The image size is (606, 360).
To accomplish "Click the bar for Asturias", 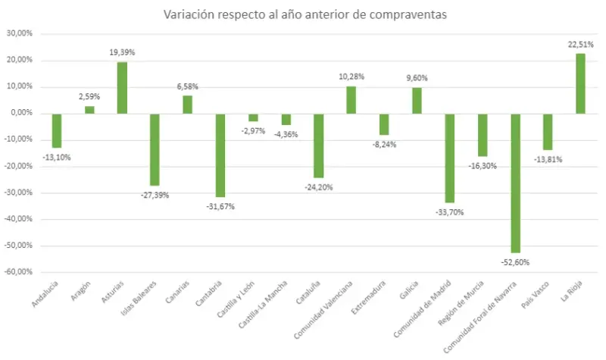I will tap(122, 87).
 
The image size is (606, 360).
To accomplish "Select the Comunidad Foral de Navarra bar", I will tap(515, 183).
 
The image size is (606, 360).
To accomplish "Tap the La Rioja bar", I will tap(580, 83).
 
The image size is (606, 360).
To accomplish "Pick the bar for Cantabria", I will tap(220, 155).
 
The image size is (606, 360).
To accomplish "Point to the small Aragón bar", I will tap(89, 110).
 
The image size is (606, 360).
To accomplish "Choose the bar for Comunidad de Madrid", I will tap(449, 158).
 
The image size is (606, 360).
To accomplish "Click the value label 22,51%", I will tap(580, 45).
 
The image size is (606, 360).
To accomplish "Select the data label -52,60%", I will tap(516, 262).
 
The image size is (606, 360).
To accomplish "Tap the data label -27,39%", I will tap(155, 195).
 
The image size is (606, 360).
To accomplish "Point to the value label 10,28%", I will tap(351, 77).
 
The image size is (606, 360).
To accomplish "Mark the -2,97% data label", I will tap(253, 131).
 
